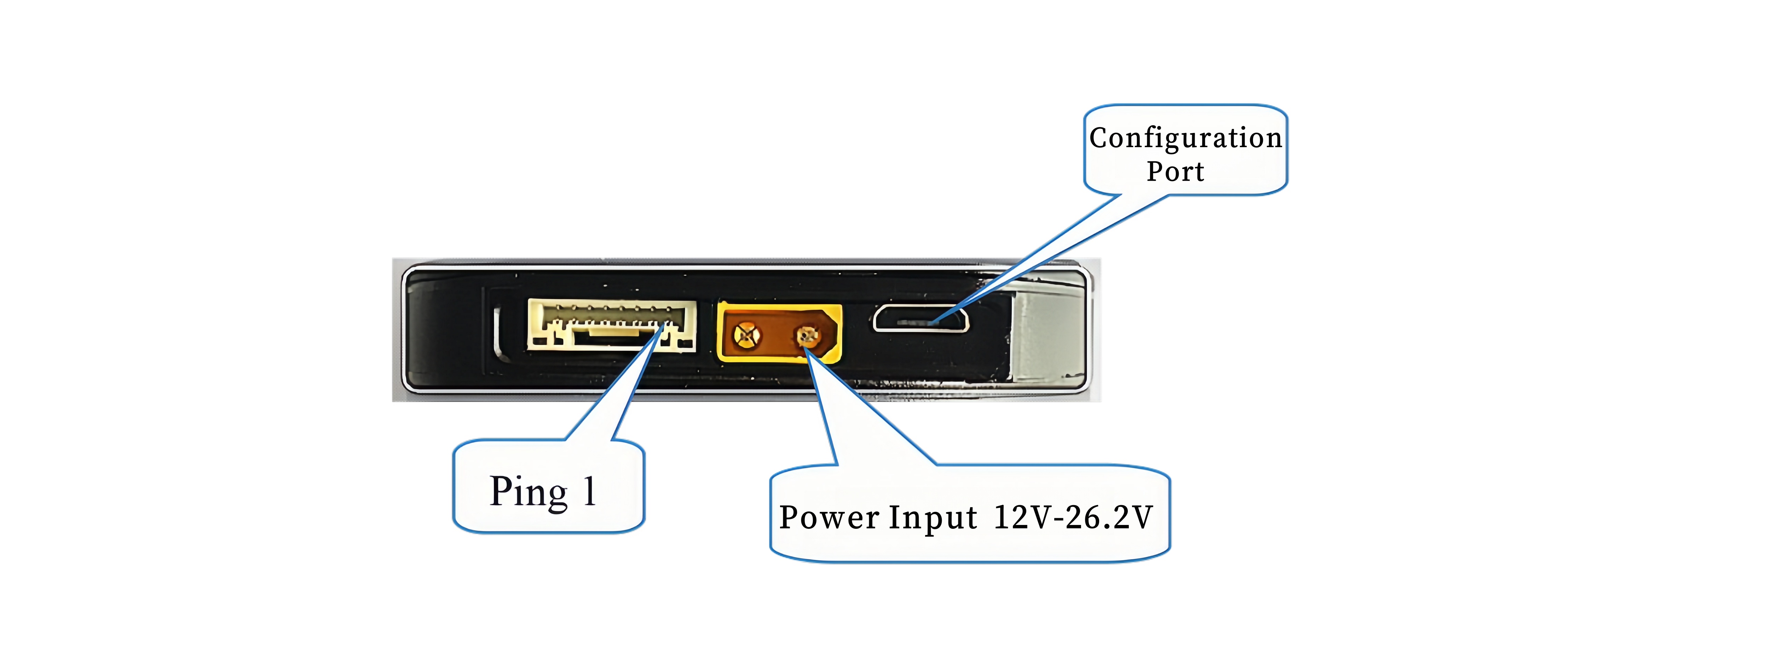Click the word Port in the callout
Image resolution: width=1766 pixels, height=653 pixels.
[x=1176, y=171]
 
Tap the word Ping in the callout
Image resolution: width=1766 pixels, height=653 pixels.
[x=529, y=492]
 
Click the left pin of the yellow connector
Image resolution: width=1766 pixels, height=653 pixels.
[x=746, y=335]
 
